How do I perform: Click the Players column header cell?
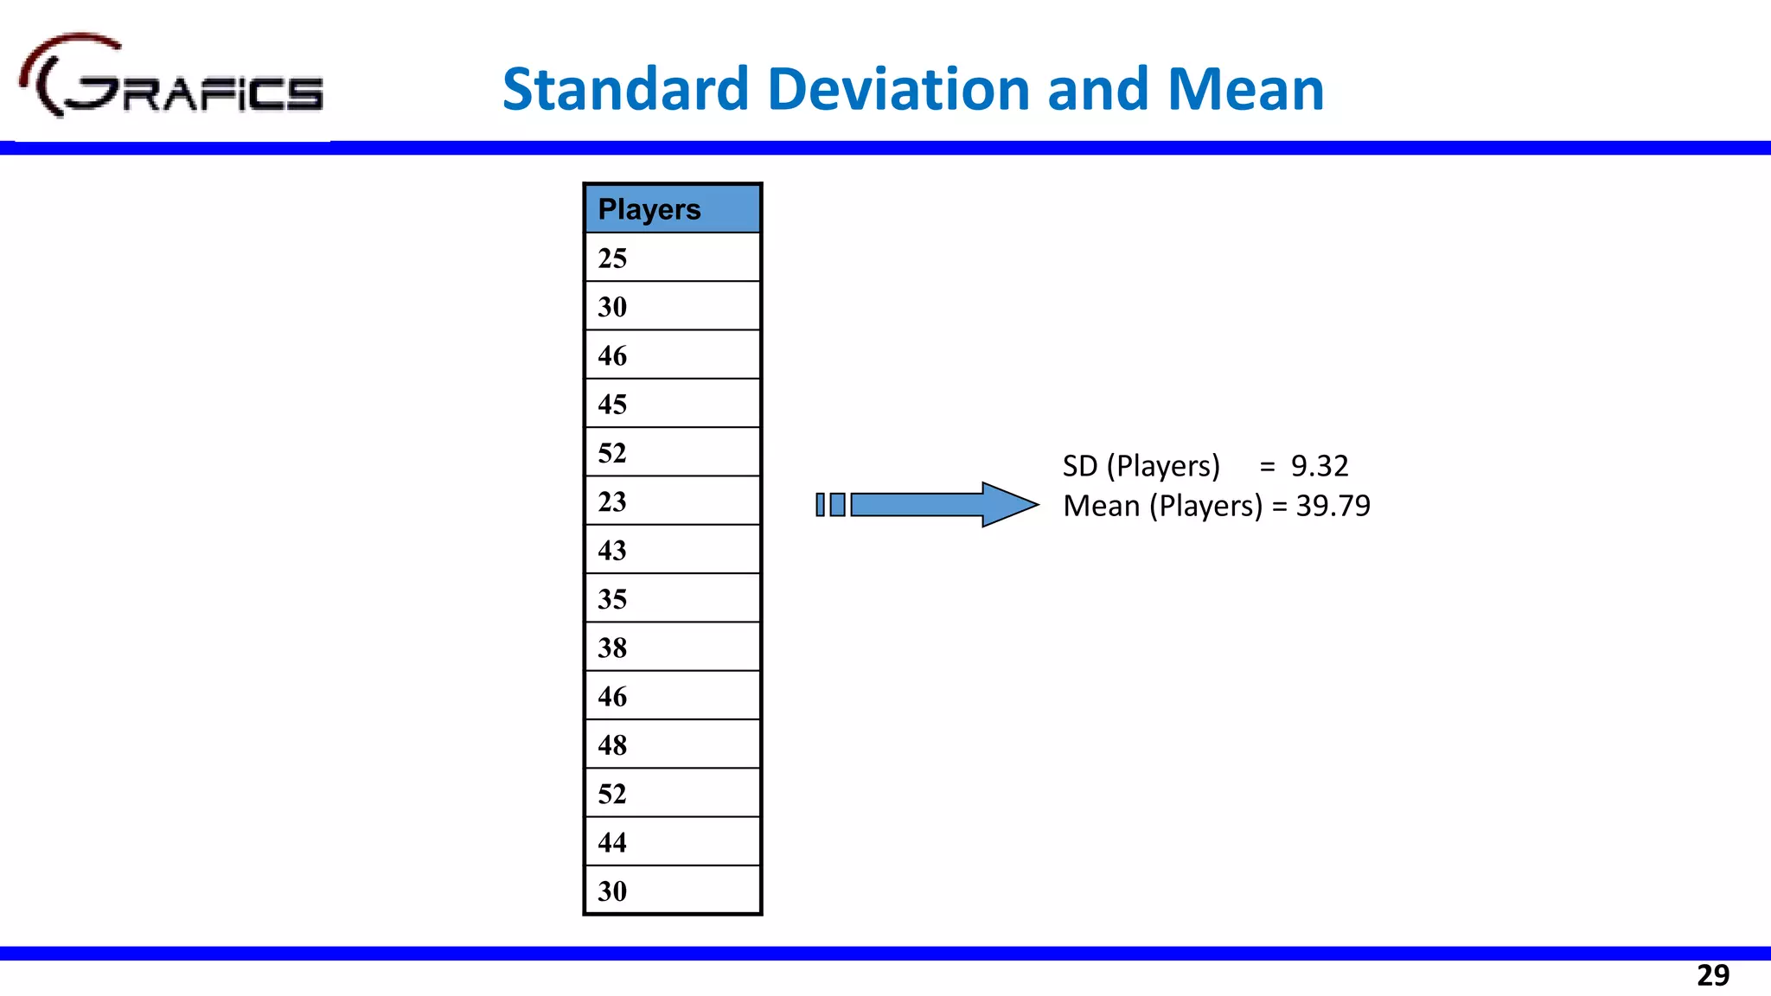pos(672,209)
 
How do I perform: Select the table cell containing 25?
pos(672,258)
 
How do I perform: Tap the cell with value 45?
pos(672,404)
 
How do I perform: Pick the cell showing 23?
pos(672,501)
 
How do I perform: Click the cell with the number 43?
pos(672,550)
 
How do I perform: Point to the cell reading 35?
pos(672,598)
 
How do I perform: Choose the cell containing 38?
pos(672,648)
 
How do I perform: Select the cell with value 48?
pos(672,744)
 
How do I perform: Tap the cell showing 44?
pos(672,842)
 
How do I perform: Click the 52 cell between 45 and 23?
pos(672,452)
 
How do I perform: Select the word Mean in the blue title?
pos(1245,90)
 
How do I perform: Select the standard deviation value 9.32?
pos(1319,466)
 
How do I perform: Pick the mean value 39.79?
pos(1333,506)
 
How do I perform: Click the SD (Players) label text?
pos(1141,466)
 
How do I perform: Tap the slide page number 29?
pos(1712,975)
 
